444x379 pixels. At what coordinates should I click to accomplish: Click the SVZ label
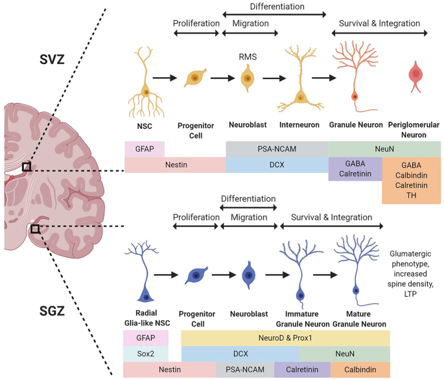pyautogui.click(x=52, y=60)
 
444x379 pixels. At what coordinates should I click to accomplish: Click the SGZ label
pyautogui.click(x=52, y=311)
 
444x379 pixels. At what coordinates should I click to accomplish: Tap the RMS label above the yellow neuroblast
pyautogui.click(x=248, y=57)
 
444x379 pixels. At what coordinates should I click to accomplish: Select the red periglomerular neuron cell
pyautogui.click(x=415, y=76)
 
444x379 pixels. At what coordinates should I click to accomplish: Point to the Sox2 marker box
pyautogui.click(x=146, y=354)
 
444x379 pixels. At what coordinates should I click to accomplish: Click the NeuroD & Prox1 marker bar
pyautogui.click(x=285, y=338)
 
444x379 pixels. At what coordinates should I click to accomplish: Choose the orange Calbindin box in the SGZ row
pyautogui.click(x=360, y=370)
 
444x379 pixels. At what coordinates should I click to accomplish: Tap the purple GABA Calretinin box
pyautogui.click(x=355, y=168)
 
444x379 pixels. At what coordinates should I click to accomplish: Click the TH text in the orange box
pyautogui.click(x=412, y=195)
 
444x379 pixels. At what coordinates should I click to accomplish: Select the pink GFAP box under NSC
pyautogui.click(x=145, y=149)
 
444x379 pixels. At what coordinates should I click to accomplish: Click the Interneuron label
pyautogui.click(x=299, y=125)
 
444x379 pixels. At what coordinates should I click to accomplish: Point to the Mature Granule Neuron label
pyautogui.click(x=359, y=319)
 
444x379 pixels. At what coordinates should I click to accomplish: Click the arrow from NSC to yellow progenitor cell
pyautogui.click(x=165, y=78)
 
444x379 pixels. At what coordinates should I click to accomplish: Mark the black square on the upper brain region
pyautogui.click(x=27, y=167)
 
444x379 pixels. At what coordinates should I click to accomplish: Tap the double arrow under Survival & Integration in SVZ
pyautogui.click(x=379, y=34)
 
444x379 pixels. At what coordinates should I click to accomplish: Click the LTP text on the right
pyautogui.click(x=410, y=293)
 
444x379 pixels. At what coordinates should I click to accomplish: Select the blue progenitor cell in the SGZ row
pyautogui.click(x=196, y=275)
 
